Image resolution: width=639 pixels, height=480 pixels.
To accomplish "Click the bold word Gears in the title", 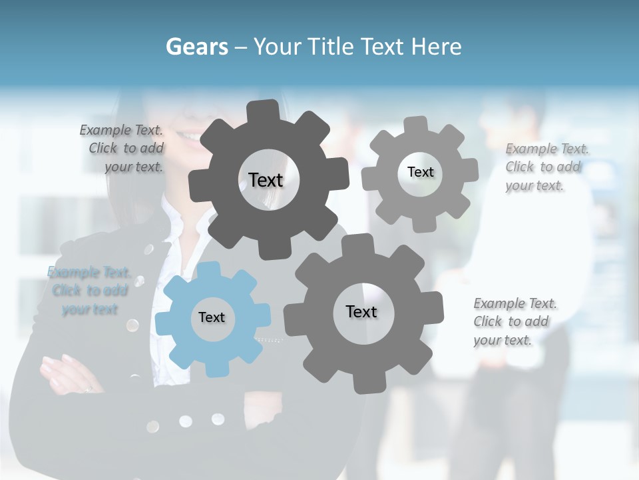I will pos(196,47).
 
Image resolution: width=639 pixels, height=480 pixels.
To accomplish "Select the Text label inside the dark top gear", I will pos(266,180).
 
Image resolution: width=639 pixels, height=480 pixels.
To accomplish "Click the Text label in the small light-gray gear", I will pos(420,172).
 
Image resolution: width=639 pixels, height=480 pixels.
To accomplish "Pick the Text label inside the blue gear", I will pos(212,317).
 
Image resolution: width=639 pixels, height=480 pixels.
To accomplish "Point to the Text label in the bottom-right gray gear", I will pos(361,311).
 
